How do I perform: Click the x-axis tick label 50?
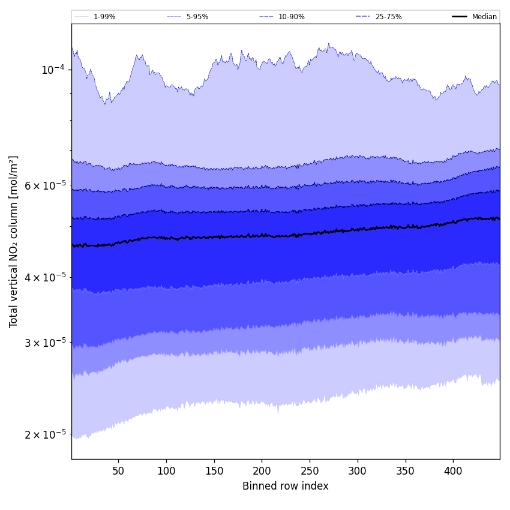pyautogui.click(x=118, y=472)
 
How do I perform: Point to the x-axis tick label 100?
pyautogui.click(x=166, y=472)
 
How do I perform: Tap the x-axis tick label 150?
pyautogui.click(x=214, y=472)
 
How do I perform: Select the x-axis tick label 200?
pyautogui.click(x=262, y=472)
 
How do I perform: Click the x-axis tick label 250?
pyautogui.click(x=310, y=472)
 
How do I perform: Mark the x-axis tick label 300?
pyautogui.click(x=358, y=472)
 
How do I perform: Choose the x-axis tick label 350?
pyautogui.click(x=406, y=472)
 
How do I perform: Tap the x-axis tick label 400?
pyautogui.click(x=453, y=472)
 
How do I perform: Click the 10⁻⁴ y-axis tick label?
pyautogui.click(x=53, y=70)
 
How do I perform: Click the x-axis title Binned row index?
pyautogui.click(x=286, y=487)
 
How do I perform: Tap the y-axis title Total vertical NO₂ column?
pyautogui.click(x=14, y=242)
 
